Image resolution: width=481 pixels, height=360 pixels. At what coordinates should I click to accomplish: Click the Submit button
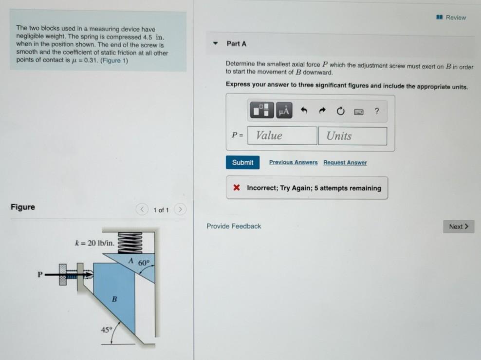pyautogui.click(x=242, y=162)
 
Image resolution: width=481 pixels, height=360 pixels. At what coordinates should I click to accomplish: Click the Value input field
pyautogui.click(x=282, y=135)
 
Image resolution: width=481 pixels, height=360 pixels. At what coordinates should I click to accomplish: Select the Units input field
pyautogui.click(x=352, y=136)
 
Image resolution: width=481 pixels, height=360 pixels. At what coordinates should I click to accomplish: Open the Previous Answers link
pyautogui.click(x=293, y=162)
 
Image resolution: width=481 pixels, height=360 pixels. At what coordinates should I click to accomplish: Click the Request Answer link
pyautogui.click(x=345, y=162)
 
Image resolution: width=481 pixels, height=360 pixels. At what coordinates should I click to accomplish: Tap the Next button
pyautogui.click(x=458, y=227)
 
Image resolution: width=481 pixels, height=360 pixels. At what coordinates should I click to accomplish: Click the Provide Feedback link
pyautogui.click(x=234, y=226)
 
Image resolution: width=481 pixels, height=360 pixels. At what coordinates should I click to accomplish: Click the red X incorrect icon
pyautogui.click(x=237, y=188)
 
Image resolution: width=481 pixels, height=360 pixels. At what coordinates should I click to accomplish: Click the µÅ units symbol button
pyautogui.click(x=284, y=111)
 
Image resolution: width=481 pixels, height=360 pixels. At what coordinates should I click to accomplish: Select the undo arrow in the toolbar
pyautogui.click(x=304, y=111)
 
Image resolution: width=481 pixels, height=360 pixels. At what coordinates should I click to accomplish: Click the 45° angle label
pyautogui.click(x=106, y=330)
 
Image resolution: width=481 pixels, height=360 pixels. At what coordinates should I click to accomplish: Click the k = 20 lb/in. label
pyautogui.click(x=95, y=243)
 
